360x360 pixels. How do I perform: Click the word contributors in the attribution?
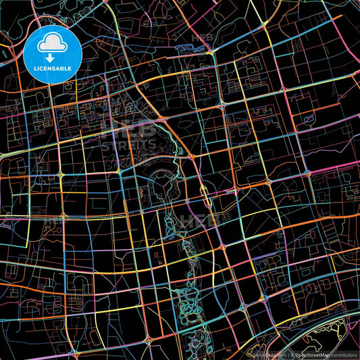344,354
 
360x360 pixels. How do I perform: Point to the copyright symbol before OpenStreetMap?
292,354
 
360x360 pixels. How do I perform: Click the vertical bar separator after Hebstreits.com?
286,354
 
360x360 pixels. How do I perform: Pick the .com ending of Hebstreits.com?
278,354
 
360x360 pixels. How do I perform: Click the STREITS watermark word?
128,144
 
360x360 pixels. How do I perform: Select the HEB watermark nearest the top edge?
203,38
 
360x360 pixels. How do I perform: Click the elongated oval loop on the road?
205,196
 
